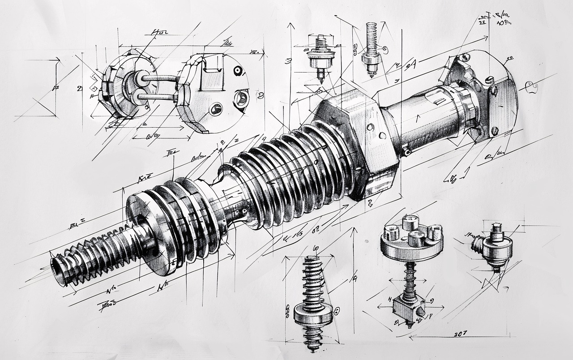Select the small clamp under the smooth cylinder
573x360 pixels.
406,151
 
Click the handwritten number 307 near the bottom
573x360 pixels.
461,334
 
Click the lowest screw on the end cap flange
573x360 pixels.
494,131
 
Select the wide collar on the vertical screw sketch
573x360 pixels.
313,313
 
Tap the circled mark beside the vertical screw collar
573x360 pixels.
337,309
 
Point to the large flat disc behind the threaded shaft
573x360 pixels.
148,233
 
